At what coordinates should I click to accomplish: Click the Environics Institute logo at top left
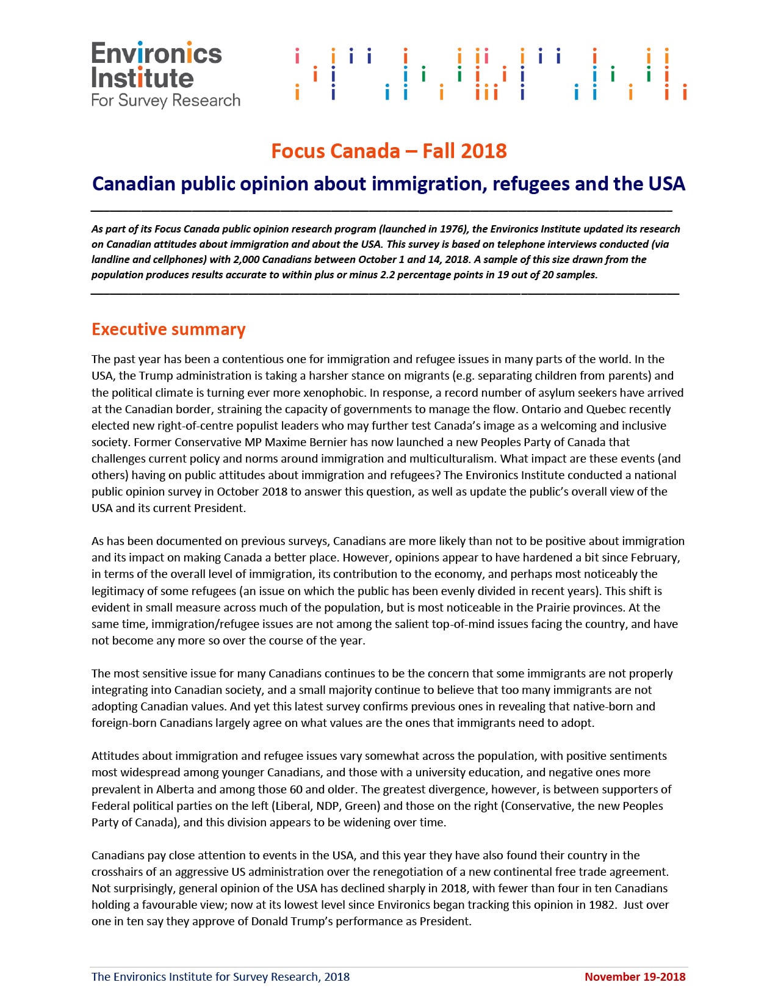pyautogui.click(x=165, y=74)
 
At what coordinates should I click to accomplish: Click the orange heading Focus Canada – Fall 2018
pyautogui.click(x=389, y=151)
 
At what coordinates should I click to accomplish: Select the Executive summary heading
pyautogui.click(x=168, y=330)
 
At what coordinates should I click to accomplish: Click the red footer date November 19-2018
pyautogui.click(x=635, y=976)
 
